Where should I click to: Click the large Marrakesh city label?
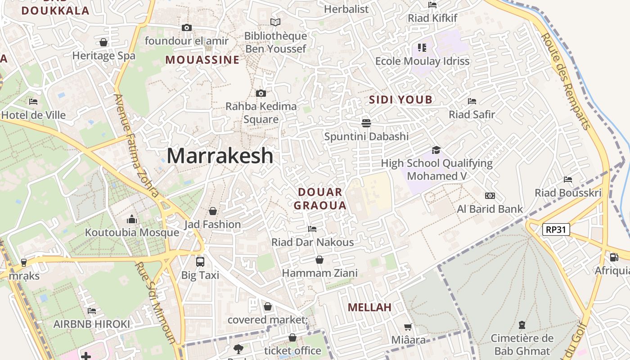(x=220, y=156)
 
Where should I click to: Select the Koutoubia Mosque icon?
(x=132, y=219)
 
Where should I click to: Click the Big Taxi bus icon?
(x=200, y=261)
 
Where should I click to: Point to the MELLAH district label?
(x=369, y=308)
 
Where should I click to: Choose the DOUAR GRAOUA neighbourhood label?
(x=320, y=199)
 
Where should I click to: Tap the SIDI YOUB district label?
(x=400, y=100)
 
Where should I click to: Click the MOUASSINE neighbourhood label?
(x=202, y=60)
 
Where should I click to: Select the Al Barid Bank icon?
(x=490, y=196)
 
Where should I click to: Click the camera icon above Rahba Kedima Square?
(x=261, y=94)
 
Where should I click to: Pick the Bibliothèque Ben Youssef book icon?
(x=275, y=22)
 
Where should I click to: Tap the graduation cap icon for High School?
(x=436, y=150)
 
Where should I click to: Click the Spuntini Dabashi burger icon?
(x=366, y=123)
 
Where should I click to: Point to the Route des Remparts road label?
(x=566, y=81)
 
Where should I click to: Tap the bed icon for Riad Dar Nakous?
(x=312, y=229)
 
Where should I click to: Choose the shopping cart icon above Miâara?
(x=408, y=327)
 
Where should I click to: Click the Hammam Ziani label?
(x=319, y=273)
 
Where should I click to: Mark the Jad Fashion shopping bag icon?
(x=213, y=211)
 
